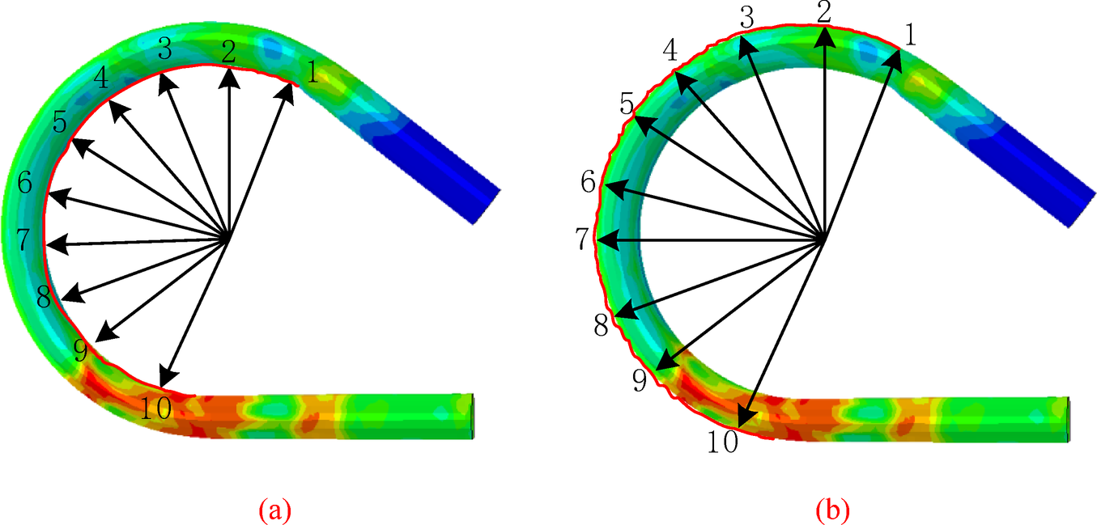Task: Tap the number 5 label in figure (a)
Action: (x=60, y=122)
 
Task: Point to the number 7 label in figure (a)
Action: (x=24, y=239)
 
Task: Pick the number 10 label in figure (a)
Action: (x=155, y=408)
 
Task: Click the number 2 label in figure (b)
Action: (x=824, y=12)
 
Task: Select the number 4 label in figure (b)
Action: (x=670, y=50)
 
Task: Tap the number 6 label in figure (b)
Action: (x=588, y=182)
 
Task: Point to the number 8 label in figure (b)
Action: (x=602, y=324)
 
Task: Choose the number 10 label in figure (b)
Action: (x=723, y=442)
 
